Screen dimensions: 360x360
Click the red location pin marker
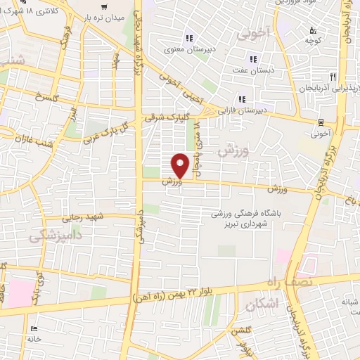point(180,165)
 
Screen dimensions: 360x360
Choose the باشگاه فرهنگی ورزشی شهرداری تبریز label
point(251,219)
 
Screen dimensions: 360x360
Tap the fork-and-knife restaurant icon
point(334,76)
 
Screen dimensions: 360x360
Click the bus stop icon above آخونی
point(320,120)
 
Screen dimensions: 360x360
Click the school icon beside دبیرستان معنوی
point(188,38)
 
